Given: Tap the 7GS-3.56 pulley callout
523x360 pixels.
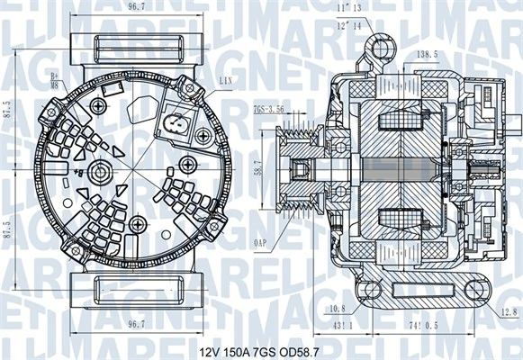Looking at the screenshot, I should pyautogui.click(x=268, y=109).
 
